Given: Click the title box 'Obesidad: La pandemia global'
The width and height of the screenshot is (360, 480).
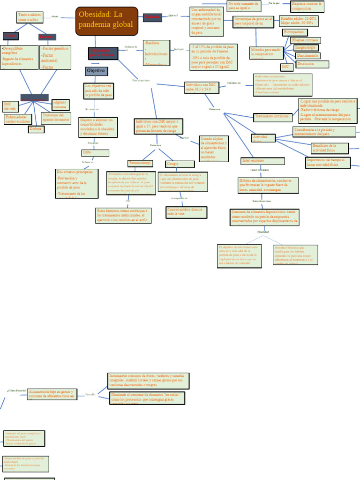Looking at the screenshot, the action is [x=107, y=21].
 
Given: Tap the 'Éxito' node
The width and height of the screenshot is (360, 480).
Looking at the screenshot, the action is [x=95, y=153].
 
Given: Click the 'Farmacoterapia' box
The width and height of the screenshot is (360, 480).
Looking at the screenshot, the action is [x=140, y=163].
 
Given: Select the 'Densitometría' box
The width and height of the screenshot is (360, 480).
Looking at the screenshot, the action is [x=307, y=55].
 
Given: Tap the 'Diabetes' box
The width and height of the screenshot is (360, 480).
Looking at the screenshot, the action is [x=36, y=129].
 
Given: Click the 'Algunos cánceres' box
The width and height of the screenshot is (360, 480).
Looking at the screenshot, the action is [x=60, y=105].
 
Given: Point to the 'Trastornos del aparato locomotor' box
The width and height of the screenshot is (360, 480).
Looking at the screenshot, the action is [x=56, y=117].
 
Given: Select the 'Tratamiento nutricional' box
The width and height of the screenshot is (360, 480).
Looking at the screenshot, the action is [x=273, y=116].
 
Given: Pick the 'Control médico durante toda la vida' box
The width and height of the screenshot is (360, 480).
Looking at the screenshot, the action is [x=180, y=211].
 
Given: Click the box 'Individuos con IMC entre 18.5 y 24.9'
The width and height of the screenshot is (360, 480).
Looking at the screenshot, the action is [x=204, y=87].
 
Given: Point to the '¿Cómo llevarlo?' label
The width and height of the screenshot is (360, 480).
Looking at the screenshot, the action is [x=16, y=390].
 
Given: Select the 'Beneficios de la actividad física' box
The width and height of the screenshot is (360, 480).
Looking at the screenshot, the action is [x=330, y=148].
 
